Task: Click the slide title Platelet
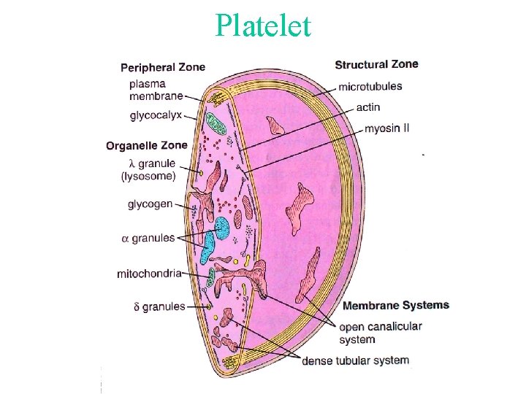pos(263,26)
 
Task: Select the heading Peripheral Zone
pos(163,67)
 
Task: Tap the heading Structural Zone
pos(376,64)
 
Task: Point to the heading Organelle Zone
pos(146,145)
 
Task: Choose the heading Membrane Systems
pos(395,305)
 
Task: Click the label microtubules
pos(370,86)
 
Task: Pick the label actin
pos(368,107)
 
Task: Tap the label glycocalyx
pos(156,115)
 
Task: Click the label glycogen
pos(150,204)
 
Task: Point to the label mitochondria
pos(149,274)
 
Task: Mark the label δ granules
pos(159,306)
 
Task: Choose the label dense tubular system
pos(355,360)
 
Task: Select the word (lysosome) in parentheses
pos(148,176)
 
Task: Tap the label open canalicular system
pos(380,332)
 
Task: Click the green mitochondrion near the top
pos(216,122)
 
